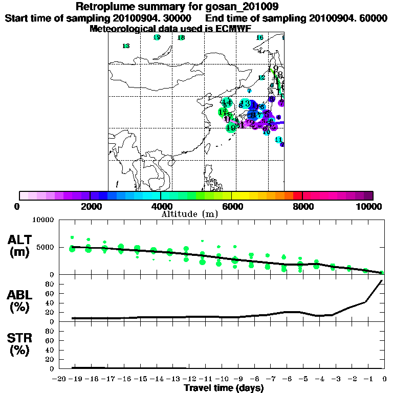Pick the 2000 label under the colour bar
pos(90,207)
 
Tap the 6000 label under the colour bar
pos(232,207)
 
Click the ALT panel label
pos(20,240)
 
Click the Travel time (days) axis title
pos(224,388)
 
